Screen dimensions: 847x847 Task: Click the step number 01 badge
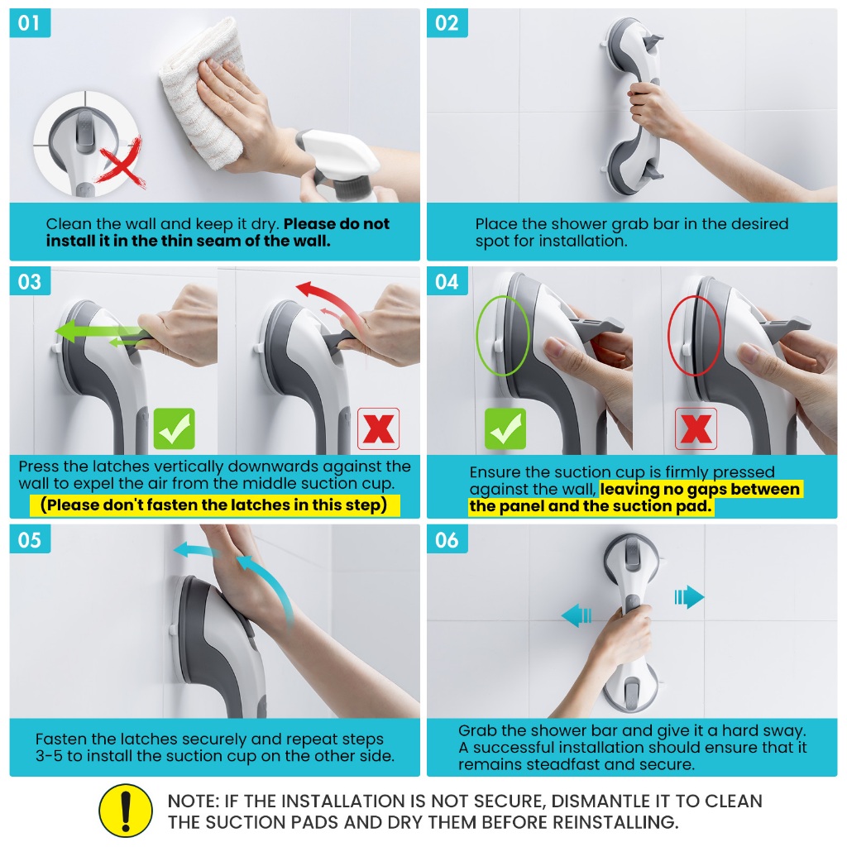pos(30,23)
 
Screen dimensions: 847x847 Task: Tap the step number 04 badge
pos(447,281)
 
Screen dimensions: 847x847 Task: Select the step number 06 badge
pos(447,539)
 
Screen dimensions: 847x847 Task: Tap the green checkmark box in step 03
pos(174,429)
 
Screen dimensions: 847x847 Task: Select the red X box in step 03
pos(378,429)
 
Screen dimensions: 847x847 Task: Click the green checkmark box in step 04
pos(505,429)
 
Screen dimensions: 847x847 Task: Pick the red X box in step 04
pos(696,429)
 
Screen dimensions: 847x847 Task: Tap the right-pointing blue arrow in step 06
pos(689,597)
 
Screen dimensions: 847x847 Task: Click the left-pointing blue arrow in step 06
pos(577,615)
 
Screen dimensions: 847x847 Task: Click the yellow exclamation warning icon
pos(126,811)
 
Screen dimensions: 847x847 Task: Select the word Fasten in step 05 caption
pos(62,739)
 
